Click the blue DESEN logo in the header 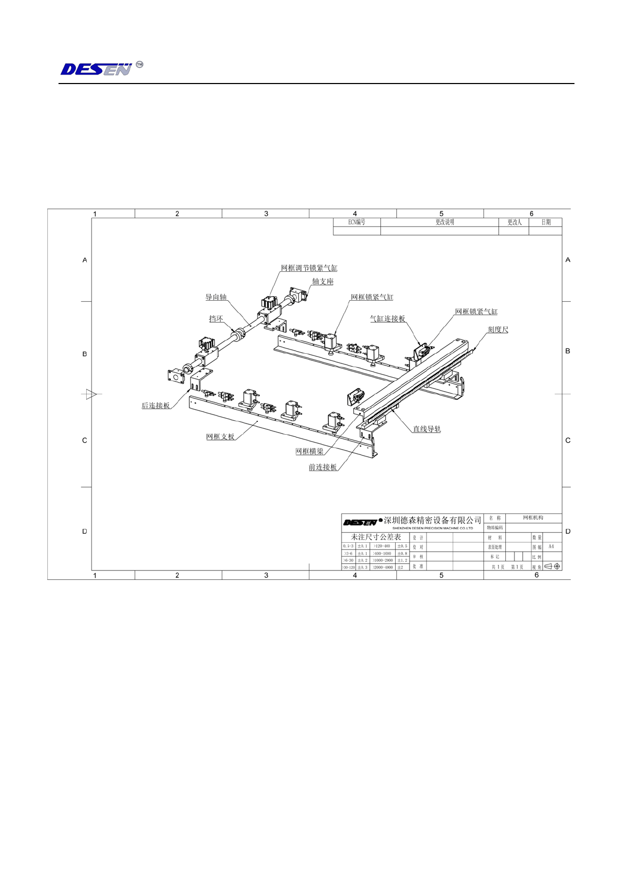96,69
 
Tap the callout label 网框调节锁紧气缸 309,268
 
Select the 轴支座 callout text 322,281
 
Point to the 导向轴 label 216,297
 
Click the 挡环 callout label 216,319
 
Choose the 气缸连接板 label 387,319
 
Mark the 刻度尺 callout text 498,329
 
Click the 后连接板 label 155,405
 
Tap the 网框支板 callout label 220,437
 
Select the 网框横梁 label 310,451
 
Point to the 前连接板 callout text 323,467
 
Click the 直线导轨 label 427,429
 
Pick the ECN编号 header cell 356,222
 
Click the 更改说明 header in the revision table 445,222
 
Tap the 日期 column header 546,222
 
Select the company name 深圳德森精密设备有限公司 432,520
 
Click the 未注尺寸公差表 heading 376,537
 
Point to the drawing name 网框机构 533,518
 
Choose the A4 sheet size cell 551,546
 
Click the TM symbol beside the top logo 139,64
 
